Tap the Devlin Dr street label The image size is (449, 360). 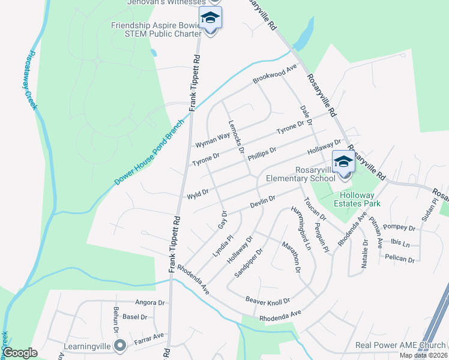[x=263, y=202]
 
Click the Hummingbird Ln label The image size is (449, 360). [x=302, y=228]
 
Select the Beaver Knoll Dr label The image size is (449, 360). [x=268, y=299]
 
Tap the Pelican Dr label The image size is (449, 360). [x=402, y=260]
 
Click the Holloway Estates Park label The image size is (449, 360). [x=366, y=199]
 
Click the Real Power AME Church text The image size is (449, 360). [x=400, y=344]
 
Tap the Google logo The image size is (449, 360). [x=20, y=353]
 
